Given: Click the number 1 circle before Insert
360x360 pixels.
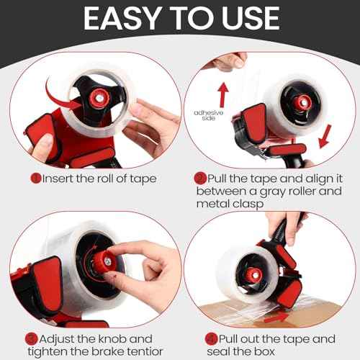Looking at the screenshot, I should coord(34,177).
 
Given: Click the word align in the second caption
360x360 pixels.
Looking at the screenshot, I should coord(309,177).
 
